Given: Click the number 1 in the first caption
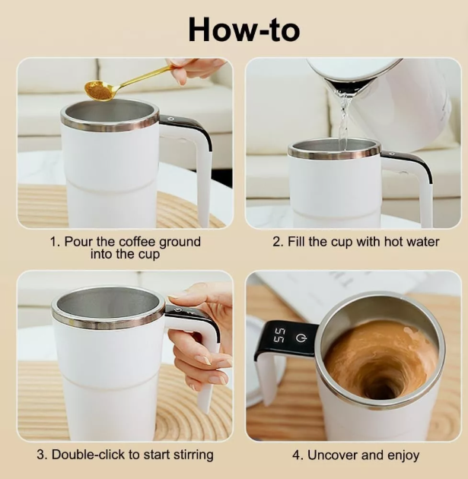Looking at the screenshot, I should click(53, 242).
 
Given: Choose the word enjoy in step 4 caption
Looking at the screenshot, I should click(402, 455).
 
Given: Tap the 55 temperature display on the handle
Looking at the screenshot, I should click(279, 335).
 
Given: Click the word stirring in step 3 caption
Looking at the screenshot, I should click(190, 455).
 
